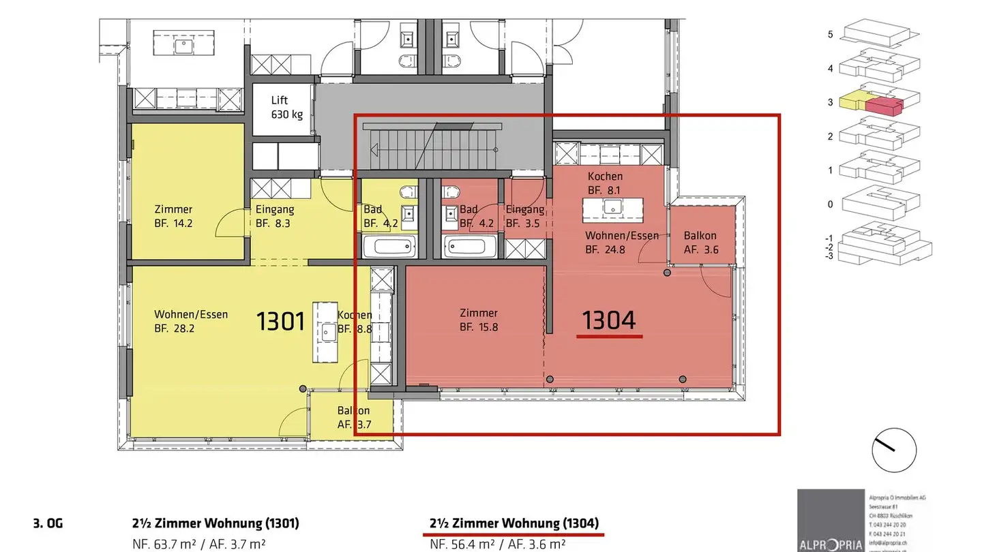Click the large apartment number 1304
click(609, 320)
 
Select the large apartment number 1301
click(280, 320)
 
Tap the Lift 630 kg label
click(287, 107)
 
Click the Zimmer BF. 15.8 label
click(479, 320)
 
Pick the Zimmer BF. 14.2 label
click(173, 216)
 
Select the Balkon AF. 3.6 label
click(700, 243)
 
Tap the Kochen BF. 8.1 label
click(605, 183)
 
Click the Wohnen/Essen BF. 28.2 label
click(191, 321)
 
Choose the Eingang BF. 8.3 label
click(274, 216)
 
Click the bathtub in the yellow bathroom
click(389, 247)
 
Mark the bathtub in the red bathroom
click(470, 247)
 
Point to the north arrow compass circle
click(893, 450)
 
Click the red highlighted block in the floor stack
click(884, 106)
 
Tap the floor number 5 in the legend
click(830, 34)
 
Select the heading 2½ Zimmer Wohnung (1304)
click(514, 523)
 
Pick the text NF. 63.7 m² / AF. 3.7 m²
click(198, 544)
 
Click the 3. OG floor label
click(47, 524)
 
